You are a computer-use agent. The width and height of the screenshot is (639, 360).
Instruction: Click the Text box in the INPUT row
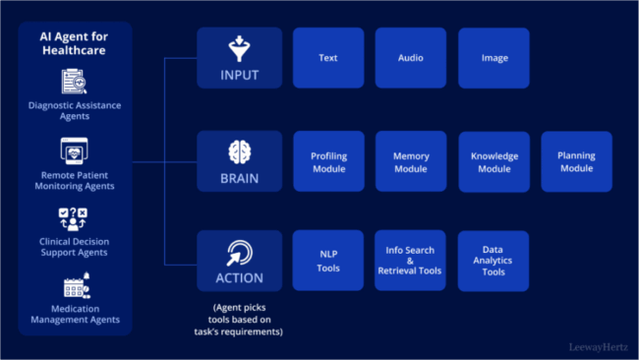328,58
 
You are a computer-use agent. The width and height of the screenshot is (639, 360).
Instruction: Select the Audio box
411,58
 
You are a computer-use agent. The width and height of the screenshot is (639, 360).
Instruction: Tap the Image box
494,58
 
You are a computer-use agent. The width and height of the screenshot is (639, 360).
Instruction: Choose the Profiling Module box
328,162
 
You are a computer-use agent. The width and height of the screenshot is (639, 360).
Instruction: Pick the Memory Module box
411,162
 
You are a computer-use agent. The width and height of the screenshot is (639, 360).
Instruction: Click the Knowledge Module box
494,162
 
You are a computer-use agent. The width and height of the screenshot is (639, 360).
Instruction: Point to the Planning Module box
576,162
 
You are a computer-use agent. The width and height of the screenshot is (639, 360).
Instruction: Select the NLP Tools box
328,261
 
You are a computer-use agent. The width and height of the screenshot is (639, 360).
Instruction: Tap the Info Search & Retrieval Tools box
411,261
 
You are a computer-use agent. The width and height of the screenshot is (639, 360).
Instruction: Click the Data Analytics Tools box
494,261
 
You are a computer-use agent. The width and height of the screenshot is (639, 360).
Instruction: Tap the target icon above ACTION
239,252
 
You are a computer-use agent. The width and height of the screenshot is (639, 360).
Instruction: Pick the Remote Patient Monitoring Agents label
75,179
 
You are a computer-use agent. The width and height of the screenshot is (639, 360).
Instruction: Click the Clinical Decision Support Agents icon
75,217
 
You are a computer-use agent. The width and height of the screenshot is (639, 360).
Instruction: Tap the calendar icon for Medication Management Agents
75,287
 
